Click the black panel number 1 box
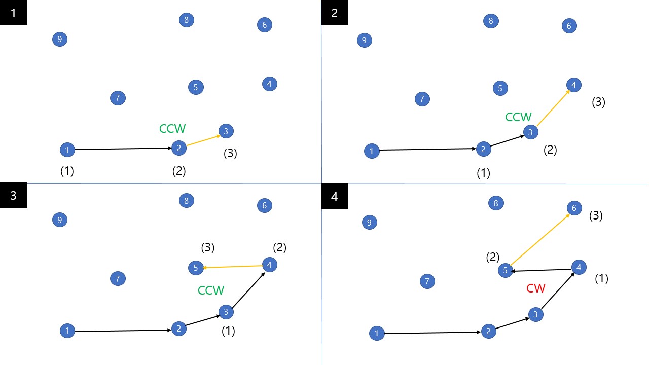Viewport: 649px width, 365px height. [x=14, y=13]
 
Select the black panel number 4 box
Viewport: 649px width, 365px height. [x=335, y=196]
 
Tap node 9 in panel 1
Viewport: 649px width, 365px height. [x=60, y=39]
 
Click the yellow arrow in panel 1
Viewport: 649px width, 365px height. [x=203, y=140]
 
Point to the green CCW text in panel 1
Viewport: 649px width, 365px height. [x=173, y=129]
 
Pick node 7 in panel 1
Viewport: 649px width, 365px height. [x=118, y=98]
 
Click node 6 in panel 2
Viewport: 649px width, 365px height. [x=569, y=26]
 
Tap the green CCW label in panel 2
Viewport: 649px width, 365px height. [x=518, y=117]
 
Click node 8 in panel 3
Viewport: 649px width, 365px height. [x=187, y=200]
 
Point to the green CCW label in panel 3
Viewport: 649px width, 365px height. [x=211, y=290]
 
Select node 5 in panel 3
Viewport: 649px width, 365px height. [x=196, y=268]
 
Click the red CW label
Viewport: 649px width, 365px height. [x=535, y=288]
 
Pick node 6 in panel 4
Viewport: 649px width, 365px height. [x=574, y=208]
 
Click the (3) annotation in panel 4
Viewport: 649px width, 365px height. [x=596, y=215]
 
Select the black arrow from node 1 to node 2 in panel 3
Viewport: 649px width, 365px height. [x=122, y=331]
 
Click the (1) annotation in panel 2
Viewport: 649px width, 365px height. [x=484, y=173]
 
